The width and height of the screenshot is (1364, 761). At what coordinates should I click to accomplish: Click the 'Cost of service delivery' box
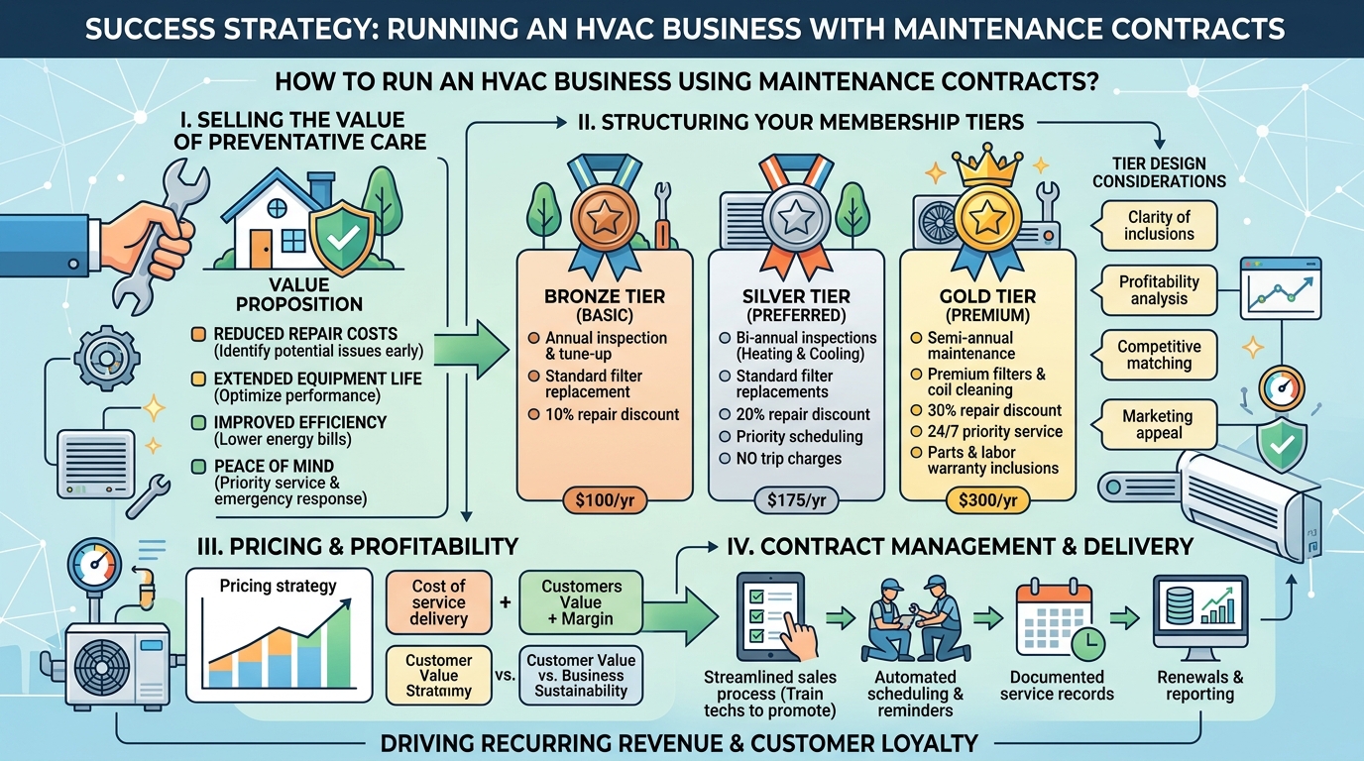[438, 602]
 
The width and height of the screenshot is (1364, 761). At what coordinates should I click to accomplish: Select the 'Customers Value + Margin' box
[580, 602]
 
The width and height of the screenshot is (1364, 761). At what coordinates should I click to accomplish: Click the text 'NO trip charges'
[788, 459]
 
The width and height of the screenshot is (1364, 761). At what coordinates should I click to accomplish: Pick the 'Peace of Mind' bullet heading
[274, 466]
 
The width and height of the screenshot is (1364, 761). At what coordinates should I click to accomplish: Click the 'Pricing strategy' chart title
[279, 586]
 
